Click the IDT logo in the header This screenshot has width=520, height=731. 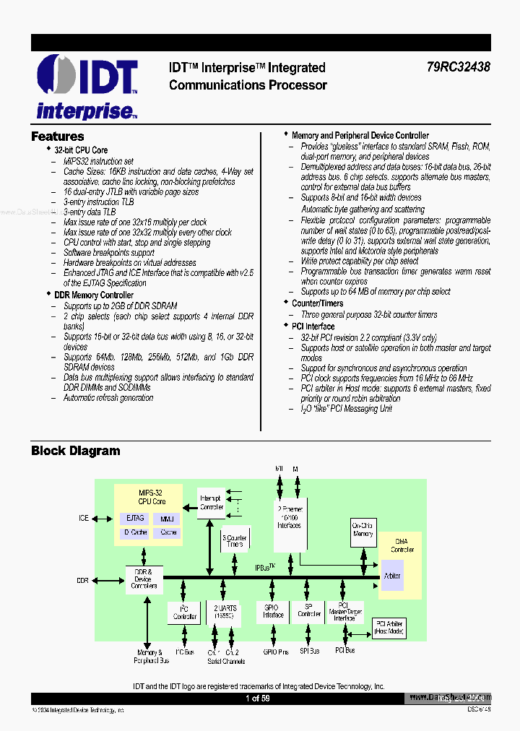87,87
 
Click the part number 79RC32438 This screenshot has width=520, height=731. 458,67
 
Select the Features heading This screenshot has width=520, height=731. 58,137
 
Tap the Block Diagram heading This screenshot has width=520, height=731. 76,451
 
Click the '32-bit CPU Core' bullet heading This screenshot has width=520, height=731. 81,150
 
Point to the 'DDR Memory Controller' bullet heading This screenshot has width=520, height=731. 94,295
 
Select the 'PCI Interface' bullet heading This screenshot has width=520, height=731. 313,326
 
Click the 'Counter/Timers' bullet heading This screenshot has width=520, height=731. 317,303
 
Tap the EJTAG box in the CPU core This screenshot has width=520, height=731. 135,518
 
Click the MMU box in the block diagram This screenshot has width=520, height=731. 168,518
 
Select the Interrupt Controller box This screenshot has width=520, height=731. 212,502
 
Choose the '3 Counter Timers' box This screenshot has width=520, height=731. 234,541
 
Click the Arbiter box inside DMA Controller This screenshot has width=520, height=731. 393,576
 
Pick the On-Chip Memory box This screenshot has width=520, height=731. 363,529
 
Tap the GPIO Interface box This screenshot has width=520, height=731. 273,611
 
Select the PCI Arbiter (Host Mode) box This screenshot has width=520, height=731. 389,628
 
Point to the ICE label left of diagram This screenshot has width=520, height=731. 84,518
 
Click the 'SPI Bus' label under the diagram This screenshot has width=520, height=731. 310,651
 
